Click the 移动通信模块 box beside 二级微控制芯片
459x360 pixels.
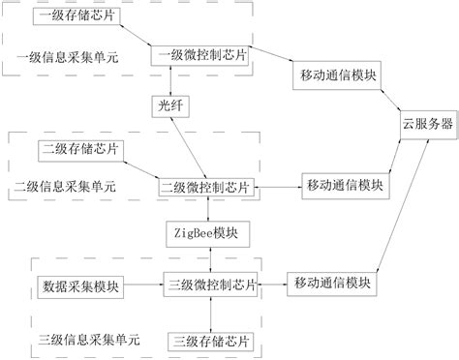click(346, 184)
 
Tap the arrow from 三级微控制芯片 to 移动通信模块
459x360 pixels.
click(275, 285)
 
